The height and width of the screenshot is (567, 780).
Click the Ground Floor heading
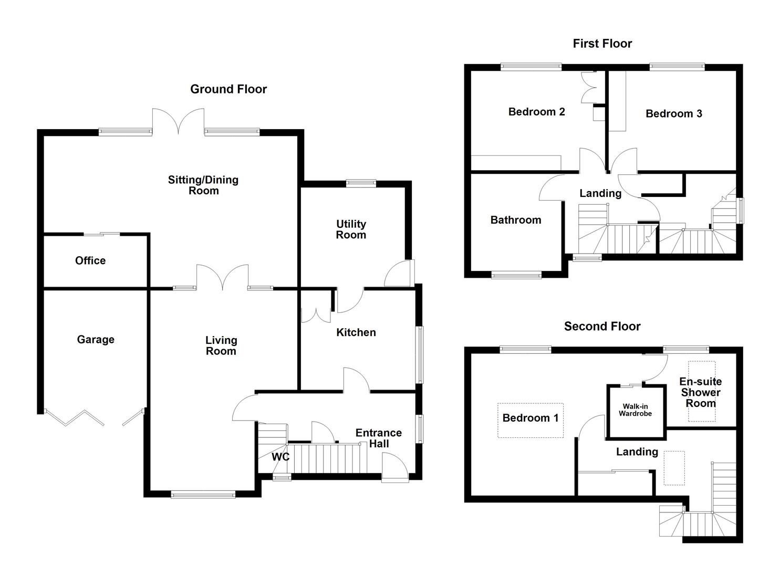228,89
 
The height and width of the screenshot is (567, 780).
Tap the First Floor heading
602,44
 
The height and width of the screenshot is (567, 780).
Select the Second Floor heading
602,327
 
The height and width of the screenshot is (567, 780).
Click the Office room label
90,261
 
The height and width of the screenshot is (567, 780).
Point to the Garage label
96,340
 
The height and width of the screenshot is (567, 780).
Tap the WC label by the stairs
280,457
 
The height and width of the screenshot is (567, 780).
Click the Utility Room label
351,229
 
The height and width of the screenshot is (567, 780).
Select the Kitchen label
356,332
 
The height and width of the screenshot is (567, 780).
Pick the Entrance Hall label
378,438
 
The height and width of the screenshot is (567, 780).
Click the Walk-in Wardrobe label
635,410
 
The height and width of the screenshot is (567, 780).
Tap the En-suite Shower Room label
700,392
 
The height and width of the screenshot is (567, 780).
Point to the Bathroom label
515,220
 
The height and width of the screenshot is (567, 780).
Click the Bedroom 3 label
673,114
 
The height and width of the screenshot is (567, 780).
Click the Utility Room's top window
361,183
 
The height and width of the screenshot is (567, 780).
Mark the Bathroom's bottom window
516,275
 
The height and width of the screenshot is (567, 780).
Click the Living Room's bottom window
203,494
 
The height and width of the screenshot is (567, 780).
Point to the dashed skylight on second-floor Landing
674,468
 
